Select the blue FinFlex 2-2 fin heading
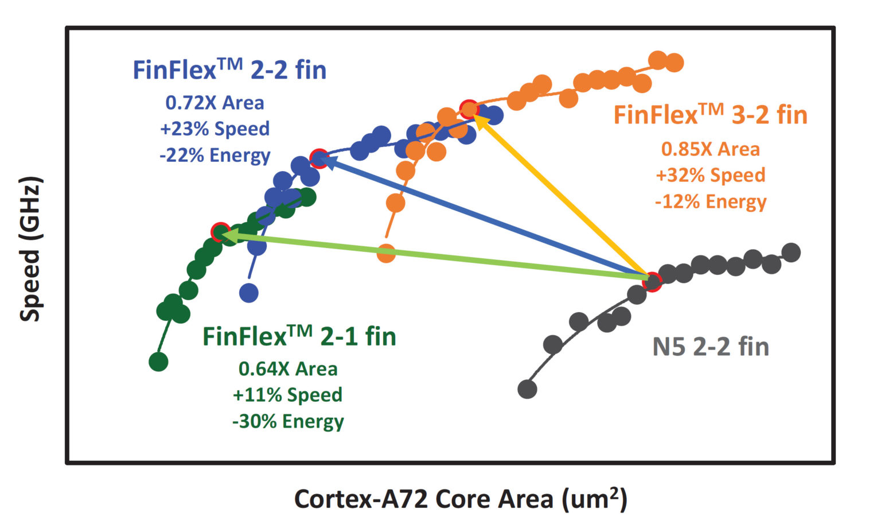pyautogui.click(x=229, y=71)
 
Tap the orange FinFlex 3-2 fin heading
pyautogui.click(x=710, y=115)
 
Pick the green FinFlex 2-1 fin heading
pyautogui.click(x=299, y=336)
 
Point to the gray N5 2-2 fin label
pyautogui.click(x=711, y=347)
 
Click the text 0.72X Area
pyautogui.click(x=215, y=103)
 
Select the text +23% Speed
pyautogui.click(x=215, y=129)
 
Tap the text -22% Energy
pyautogui.click(x=215, y=155)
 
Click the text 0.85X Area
pyautogui.click(x=711, y=149)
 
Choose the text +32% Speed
pyautogui.click(x=711, y=175)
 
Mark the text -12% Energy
pyautogui.click(x=711, y=201)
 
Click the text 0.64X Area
pyautogui.click(x=288, y=369)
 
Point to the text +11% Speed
pyautogui.click(x=288, y=395)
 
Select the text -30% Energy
pyautogui.click(x=288, y=421)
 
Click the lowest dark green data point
pyautogui.click(x=158, y=362)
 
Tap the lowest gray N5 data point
pyautogui.click(x=527, y=389)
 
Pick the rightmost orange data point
pyautogui.click(x=675, y=63)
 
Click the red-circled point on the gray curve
pyautogui.click(x=652, y=281)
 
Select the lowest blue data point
pyautogui.click(x=248, y=293)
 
